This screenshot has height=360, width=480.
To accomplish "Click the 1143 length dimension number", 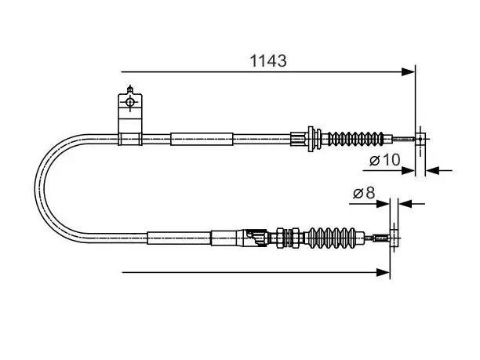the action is (x=268, y=60).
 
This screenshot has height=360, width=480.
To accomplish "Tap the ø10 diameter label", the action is (x=385, y=159).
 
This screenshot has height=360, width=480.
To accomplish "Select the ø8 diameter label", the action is (x=364, y=193).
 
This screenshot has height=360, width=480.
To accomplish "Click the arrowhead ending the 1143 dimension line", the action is (x=408, y=72).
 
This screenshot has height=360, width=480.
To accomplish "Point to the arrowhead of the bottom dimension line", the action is (x=384, y=272).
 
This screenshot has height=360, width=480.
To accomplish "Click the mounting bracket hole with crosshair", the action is (x=130, y=102).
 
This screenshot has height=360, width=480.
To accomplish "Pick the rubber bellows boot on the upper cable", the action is (x=356, y=139).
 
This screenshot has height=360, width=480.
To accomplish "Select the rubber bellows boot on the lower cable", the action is (x=333, y=238).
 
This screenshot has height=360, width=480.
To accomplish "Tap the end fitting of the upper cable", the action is (x=420, y=139).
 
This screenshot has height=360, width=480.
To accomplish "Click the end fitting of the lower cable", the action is (x=395, y=238).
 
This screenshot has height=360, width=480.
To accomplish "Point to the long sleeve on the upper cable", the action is (x=202, y=139).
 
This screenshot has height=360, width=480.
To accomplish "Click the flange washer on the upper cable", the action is (x=311, y=139).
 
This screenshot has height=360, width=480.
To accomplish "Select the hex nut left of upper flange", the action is (x=299, y=139).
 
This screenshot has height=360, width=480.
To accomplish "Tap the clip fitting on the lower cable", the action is (x=256, y=237).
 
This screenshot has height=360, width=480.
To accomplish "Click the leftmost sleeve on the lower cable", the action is (x=179, y=238).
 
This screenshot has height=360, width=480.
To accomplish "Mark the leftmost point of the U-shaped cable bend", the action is (x=35, y=188).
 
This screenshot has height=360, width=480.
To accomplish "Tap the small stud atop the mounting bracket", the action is (x=130, y=89).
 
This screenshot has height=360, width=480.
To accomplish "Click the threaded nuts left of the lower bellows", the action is (x=288, y=238).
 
